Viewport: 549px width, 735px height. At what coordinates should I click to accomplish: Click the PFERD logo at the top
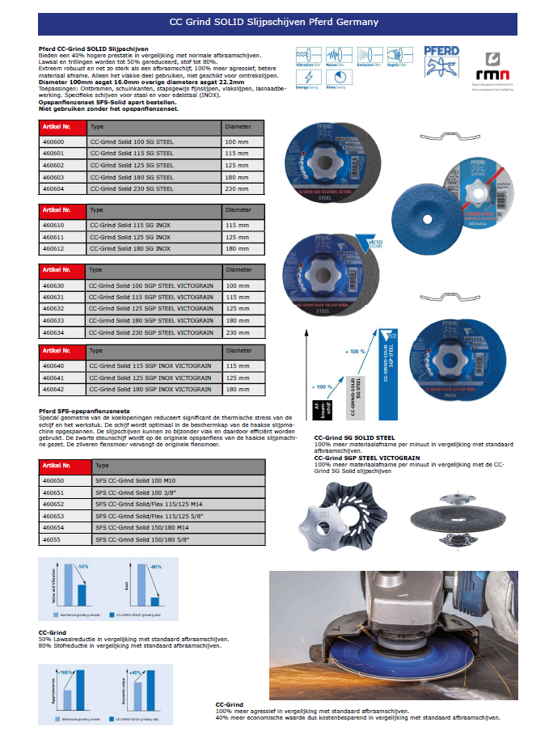coord(441,61)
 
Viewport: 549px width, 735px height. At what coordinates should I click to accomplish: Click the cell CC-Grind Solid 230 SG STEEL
coord(130,188)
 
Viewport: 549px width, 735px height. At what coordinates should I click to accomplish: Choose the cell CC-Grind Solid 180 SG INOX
coord(129,249)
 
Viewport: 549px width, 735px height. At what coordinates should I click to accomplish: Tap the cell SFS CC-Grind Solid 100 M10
coord(130,480)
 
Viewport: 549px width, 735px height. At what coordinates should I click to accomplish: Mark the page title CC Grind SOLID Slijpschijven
coord(273,23)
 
